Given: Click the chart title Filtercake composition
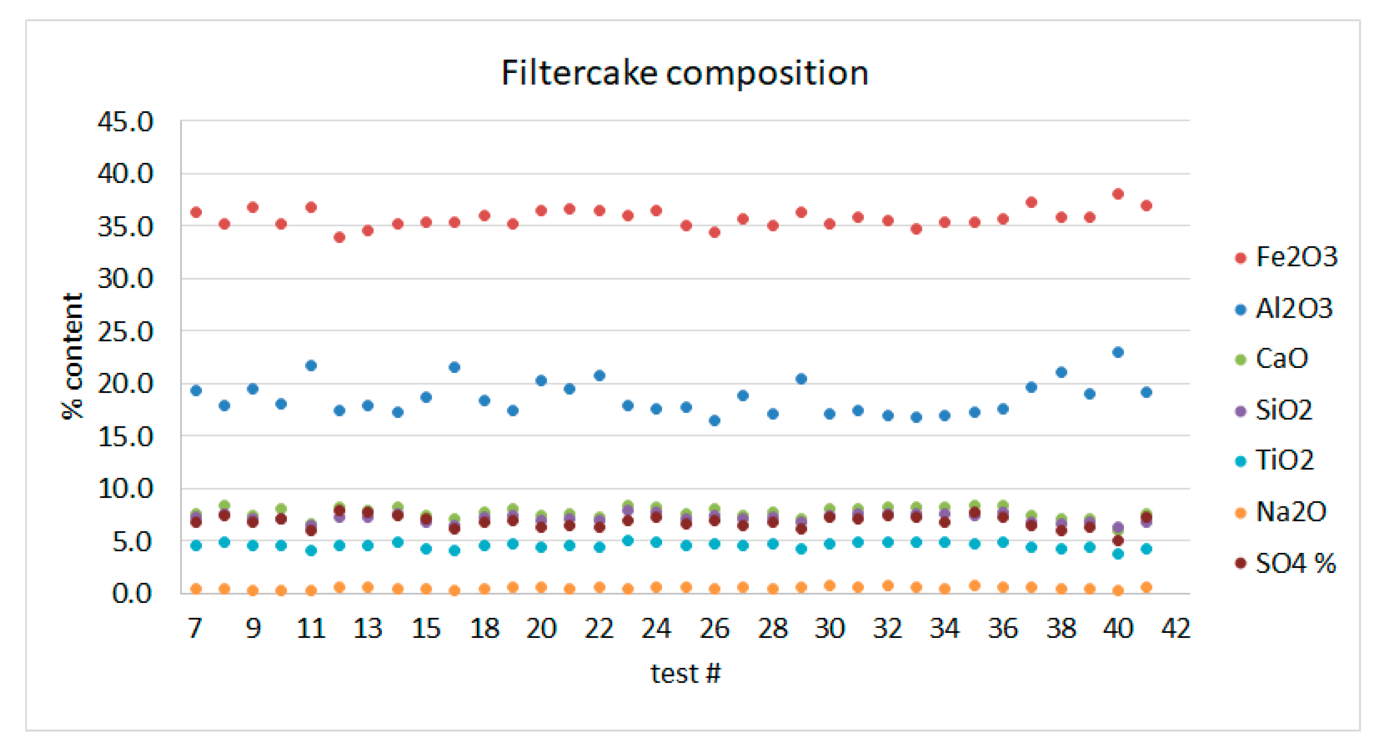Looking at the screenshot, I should click(x=685, y=73).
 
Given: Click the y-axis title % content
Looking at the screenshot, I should click(x=73, y=356).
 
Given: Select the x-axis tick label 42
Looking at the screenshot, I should click(x=1176, y=629).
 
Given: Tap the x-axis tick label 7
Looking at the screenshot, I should click(x=195, y=629).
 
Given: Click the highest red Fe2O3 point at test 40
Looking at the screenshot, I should click(x=1118, y=194).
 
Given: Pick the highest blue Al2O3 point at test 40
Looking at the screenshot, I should click(x=1118, y=352).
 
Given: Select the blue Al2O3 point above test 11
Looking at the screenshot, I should click(x=311, y=366).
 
